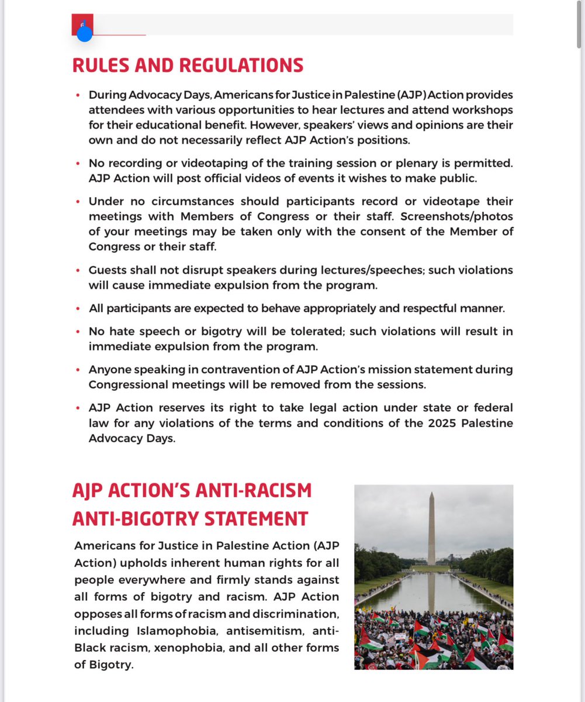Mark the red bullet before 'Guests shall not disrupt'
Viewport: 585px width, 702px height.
78,271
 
